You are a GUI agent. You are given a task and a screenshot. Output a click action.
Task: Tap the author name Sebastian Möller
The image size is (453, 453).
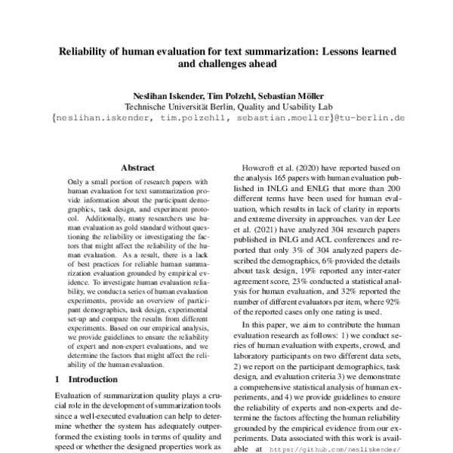coord(290,96)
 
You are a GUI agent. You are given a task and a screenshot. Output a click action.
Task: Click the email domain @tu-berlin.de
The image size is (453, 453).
coord(370,119)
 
